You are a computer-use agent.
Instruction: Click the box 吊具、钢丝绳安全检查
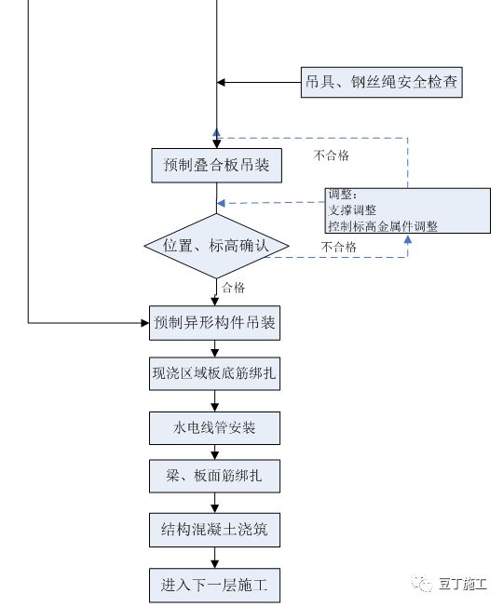382,83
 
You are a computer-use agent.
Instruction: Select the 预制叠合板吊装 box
216,165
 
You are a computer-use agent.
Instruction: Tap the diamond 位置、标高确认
216,246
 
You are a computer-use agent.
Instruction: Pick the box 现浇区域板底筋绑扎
214,375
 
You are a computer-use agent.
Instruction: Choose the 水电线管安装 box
214,428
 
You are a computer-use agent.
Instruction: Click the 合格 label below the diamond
234,288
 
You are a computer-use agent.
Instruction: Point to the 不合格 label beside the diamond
338,248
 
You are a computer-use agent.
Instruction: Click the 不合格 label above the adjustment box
332,155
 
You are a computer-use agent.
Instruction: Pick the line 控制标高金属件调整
382,225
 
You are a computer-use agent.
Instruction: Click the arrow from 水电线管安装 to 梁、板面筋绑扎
216,452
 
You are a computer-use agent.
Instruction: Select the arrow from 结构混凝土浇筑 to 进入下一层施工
216,557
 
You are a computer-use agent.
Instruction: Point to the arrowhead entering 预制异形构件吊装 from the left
144,323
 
